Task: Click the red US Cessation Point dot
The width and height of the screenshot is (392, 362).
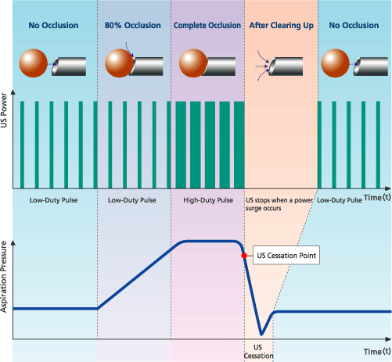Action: pyautogui.click(x=244, y=256)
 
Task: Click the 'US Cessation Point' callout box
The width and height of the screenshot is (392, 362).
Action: pyautogui.click(x=286, y=255)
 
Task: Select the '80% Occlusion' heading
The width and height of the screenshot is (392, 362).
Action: pyautogui.click(x=133, y=25)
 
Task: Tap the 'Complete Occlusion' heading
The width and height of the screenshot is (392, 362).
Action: pyautogui.click(x=207, y=25)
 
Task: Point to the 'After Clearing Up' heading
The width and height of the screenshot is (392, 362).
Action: pyautogui.click(x=282, y=25)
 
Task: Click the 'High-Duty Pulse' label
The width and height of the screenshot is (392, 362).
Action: pyautogui.click(x=208, y=200)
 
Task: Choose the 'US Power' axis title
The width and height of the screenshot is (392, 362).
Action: pyautogui.click(x=4, y=110)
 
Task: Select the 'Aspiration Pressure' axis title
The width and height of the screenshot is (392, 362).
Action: pyautogui.click(x=4, y=277)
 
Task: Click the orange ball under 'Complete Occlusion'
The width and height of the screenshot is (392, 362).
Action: pyautogui.click(x=193, y=63)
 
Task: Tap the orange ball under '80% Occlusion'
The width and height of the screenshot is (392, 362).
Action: pyautogui.click(x=119, y=63)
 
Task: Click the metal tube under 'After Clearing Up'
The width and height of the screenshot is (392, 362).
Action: pyautogui.click(x=286, y=66)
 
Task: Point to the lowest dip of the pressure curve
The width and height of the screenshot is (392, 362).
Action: pyautogui.click(x=261, y=334)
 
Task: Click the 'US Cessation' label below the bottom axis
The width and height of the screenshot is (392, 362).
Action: pyautogui.click(x=258, y=352)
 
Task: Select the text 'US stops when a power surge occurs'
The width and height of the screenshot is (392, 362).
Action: pyautogui.click(x=279, y=204)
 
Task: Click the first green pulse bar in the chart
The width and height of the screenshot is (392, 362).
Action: pyautogui.click(x=22, y=145)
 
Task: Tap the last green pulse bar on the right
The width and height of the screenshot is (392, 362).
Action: pyautogui.click(x=378, y=145)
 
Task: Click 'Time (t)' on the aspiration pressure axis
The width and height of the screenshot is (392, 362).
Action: pyautogui.click(x=377, y=352)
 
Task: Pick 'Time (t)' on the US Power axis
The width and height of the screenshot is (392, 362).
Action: pyautogui.click(x=377, y=198)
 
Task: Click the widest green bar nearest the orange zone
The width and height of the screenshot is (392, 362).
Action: pyautogui.click(x=239, y=145)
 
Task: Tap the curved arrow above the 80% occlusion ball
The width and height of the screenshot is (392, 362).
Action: pyautogui.click(x=129, y=49)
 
